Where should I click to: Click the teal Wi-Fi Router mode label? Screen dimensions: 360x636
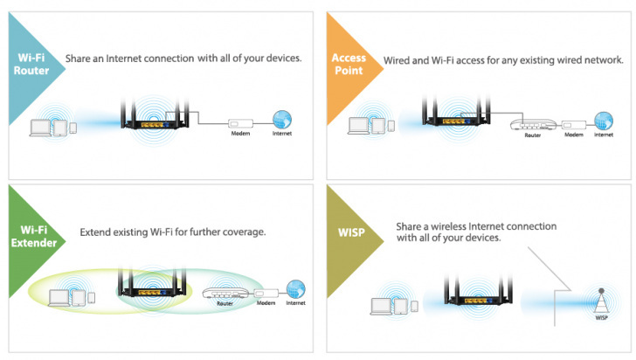(x=32, y=64)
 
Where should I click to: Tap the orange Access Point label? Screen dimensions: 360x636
(x=349, y=64)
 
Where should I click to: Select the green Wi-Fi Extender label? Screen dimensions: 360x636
(x=33, y=237)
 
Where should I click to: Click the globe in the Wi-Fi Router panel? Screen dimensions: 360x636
(x=282, y=121)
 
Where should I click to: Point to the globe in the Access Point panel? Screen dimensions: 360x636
(x=603, y=120)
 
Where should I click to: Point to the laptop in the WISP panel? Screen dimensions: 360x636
(x=382, y=306)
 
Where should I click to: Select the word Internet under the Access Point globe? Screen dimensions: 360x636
(x=603, y=135)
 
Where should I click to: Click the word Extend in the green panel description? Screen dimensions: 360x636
(x=96, y=233)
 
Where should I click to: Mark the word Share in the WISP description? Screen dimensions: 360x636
(x=411, y=225)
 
